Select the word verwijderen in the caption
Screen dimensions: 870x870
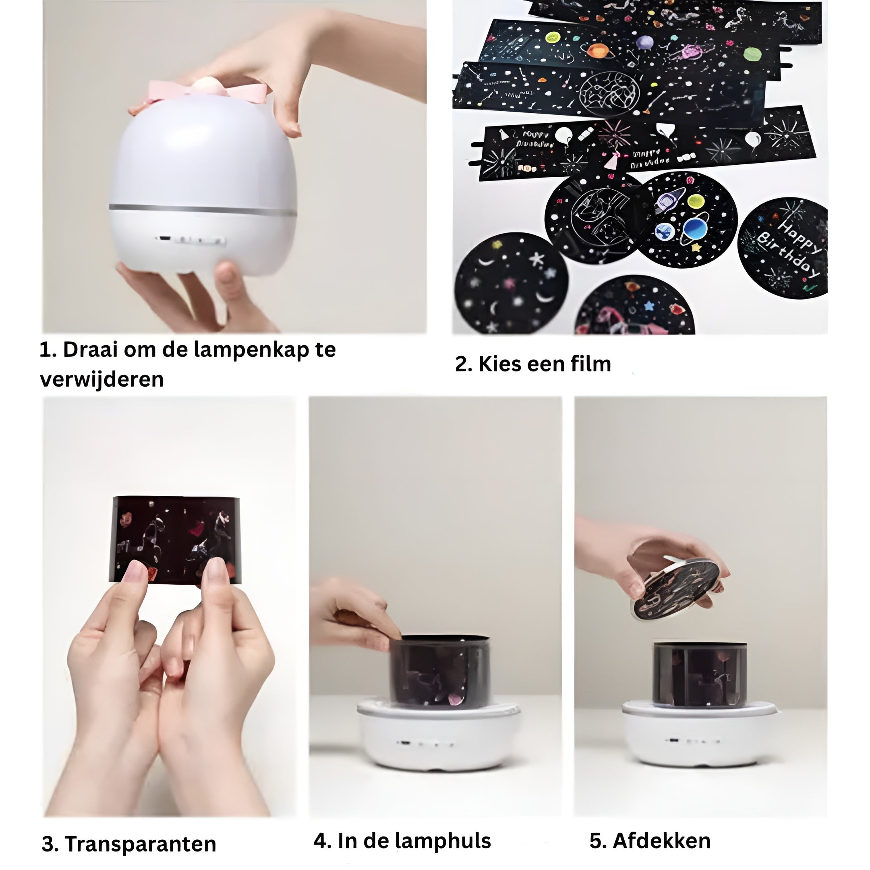[102, 379]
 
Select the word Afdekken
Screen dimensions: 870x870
[661, 841]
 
